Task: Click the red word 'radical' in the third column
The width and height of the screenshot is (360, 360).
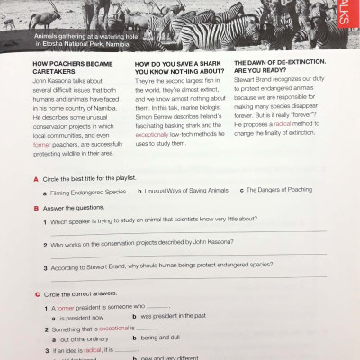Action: [285, 124]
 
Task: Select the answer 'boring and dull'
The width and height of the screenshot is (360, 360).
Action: [162, 337]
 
